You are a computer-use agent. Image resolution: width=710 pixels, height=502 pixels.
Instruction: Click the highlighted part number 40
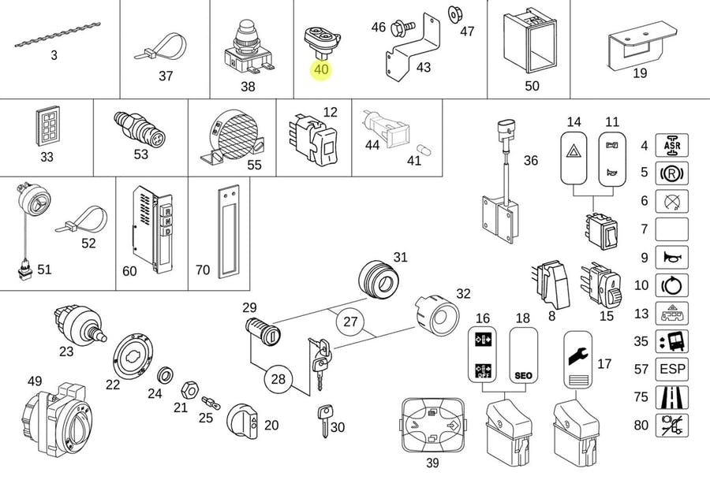pos(321,69)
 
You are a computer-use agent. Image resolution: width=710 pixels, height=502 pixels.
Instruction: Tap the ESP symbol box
pos(672,369)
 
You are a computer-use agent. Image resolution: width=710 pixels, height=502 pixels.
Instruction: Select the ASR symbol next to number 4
pos(672,145)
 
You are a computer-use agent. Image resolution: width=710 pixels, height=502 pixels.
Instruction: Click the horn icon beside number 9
pos(672,257)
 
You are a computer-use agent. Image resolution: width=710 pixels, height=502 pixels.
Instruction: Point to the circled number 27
pos(350,322)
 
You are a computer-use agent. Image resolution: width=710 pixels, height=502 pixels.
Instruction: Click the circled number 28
pos(278,379)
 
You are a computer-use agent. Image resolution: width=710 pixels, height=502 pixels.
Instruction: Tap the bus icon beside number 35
pos(672,341)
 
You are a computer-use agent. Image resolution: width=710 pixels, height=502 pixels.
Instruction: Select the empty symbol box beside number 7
pos(672,229)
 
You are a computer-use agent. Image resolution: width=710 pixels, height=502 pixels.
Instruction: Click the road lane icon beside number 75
pos(672,397)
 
